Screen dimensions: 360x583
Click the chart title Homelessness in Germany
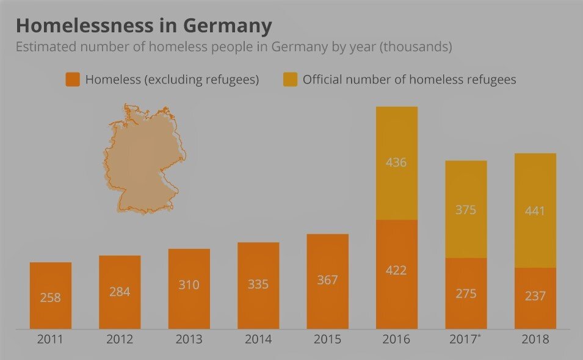pos(143,26)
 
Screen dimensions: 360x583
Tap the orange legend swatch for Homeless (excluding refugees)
pos(73,79)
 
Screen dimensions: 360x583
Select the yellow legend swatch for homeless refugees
pos(291,79)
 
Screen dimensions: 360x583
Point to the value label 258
pos(51,297)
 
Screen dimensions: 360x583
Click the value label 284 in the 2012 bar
pos(120,291)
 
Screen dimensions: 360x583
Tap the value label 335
pos(258,284)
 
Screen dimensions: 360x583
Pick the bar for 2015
pos(328,281)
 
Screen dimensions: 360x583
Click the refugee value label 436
pos(397,163)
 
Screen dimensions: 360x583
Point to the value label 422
pos(397,270)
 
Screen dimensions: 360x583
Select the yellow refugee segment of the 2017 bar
pos(466,209)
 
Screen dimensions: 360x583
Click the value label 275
pos(466,293)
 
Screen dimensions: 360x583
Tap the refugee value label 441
pos(535,211)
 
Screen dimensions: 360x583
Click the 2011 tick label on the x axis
pos(51,339)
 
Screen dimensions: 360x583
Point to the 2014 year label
pos(258,339)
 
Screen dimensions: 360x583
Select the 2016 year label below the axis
pos(397,339)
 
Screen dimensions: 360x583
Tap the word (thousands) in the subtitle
pos(416,47)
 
